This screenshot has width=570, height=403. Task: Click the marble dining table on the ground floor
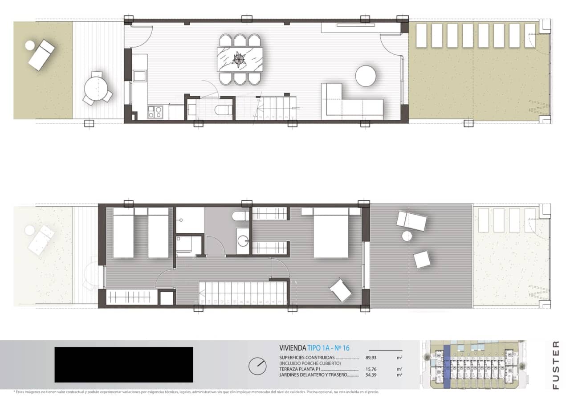pos(240,60)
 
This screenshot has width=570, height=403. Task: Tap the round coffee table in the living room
pos(366,76)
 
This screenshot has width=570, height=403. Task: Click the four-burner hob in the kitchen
pos(155,112)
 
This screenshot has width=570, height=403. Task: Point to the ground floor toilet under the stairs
pos(221,110)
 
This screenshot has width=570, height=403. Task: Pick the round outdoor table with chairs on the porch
pos(97,89)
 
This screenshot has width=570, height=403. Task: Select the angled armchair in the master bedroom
pos(341,289)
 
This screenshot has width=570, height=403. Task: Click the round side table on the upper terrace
pos(407,236)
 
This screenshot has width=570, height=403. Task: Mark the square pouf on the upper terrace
pos(422,260)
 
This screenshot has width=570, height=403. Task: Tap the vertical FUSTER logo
pos(555,365)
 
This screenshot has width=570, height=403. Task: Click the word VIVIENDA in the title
pos(293,348)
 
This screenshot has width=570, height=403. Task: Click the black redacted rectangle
pos(124,365)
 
